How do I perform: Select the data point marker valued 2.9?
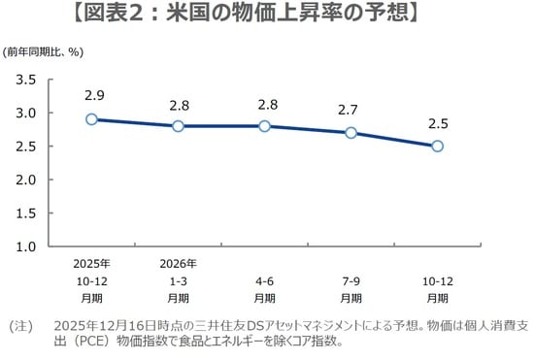(91, 119)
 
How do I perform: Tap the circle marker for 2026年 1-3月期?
(179, 126)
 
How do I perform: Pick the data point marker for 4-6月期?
(264, 126)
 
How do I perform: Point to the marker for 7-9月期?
(350, 133)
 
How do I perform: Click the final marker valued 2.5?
(437, 147)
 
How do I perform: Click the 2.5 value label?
(437, 123)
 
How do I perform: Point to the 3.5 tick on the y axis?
(26, 80)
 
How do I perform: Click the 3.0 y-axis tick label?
(26, 113)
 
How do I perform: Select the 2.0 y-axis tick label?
(26, 180)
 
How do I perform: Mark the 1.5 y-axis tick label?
(26, 213)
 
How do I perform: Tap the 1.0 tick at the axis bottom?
(26, 246)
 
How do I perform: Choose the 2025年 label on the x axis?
(91, 263)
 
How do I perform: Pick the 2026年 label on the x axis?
(179, 263)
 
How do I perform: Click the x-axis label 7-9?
(350, 279)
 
